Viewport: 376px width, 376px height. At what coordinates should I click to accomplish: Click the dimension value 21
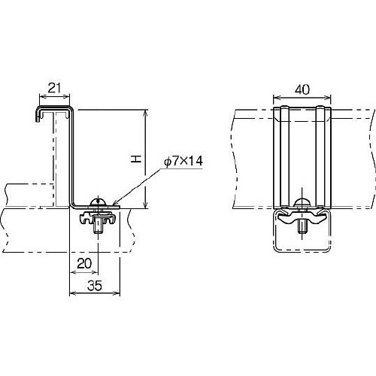point(54,88)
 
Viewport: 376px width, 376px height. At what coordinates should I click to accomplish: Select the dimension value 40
point(302,89)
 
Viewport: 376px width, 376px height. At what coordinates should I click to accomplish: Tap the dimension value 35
point(95,286)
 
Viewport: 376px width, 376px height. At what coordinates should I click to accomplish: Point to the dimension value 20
point(84,264)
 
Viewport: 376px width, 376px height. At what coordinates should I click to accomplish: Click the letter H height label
point(136,159)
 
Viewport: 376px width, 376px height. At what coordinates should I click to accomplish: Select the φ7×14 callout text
point(183,161)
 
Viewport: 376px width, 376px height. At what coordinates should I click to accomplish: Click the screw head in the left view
point(98,202)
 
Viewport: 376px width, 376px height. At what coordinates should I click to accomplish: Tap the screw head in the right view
point(302,202)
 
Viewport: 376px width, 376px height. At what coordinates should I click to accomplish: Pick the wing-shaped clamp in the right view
point(302,215)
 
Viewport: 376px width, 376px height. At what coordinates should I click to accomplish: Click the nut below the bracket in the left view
point(98,224)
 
